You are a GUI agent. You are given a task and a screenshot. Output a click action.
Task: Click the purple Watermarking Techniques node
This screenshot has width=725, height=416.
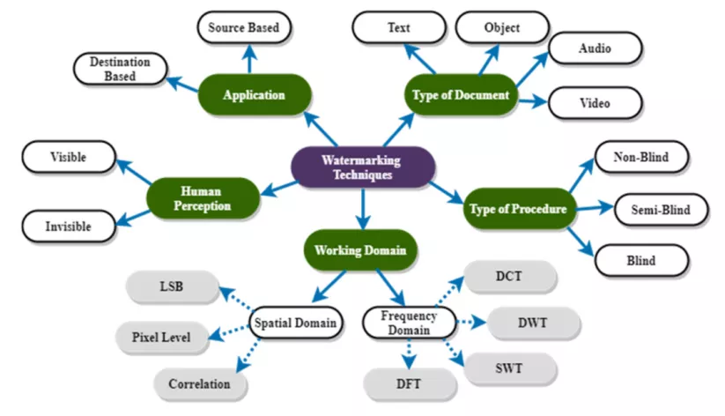click(362, 167)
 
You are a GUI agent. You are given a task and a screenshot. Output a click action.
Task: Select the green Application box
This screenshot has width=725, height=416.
click(254, 95)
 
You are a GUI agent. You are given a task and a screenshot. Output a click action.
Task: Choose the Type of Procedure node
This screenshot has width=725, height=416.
click(519, 209)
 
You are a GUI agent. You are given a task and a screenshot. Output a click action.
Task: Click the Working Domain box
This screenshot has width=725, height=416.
click(360, 250)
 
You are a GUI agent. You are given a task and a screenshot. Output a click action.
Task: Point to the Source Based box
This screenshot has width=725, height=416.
click(243, 28)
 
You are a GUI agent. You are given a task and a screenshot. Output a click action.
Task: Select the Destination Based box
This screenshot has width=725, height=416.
click(119, 69)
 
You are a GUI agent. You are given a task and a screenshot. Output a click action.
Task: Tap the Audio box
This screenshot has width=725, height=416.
click(595, 48)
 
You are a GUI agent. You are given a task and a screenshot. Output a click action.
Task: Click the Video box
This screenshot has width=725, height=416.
click(595, 103)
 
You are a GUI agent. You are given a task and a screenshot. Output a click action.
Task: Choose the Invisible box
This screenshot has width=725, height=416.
click(68, 227)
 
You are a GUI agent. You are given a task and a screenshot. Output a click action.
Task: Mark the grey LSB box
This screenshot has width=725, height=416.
click(171, 286)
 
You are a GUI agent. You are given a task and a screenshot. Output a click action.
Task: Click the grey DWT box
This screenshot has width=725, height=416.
click(533, 323)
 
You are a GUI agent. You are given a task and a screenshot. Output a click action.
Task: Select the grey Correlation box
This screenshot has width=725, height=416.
click(198, 383)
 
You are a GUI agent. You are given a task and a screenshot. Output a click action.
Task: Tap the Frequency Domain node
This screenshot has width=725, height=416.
click(405, 323)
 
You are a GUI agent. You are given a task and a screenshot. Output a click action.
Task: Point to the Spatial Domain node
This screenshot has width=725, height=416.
click(295, 323)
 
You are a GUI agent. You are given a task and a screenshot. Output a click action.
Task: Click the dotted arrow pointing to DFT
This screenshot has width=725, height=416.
click(409, 353)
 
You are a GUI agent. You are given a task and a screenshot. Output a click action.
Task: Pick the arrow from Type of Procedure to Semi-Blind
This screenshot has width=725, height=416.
click(596, 209)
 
